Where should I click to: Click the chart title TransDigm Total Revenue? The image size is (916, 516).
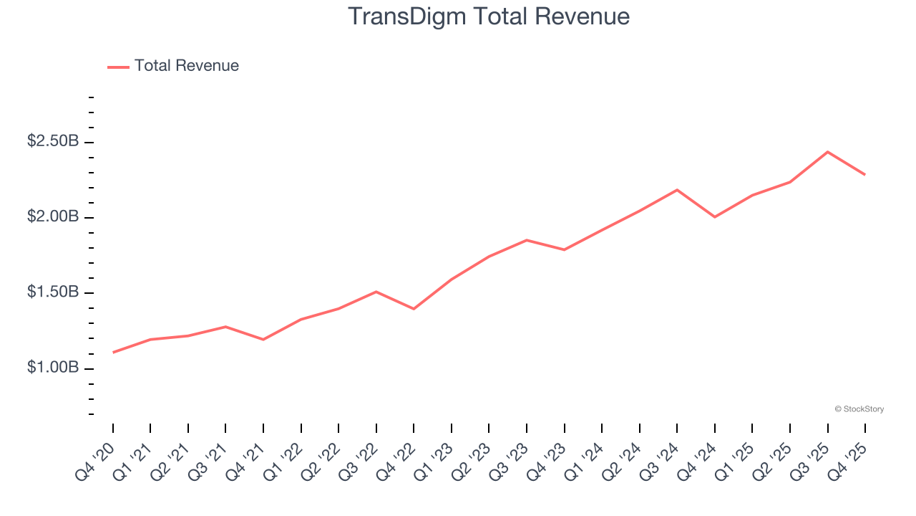pos(489,16)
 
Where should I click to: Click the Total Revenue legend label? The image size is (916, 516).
pos(186,66)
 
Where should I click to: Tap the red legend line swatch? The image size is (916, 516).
pos(118,67)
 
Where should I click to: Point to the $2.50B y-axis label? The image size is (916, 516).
pos(53,142)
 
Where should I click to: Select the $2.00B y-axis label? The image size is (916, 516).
pos(53,217)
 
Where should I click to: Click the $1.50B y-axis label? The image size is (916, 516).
pos(53,292)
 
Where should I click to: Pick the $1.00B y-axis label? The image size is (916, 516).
pos(53,368)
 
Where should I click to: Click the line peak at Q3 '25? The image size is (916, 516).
pos(827,152)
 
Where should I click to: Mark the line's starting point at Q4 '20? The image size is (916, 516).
pos(113,353)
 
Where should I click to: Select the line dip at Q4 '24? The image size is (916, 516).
pos(715,217)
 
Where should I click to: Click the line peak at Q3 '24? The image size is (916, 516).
pos(677,190)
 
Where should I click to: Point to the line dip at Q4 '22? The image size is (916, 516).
pos(414,309)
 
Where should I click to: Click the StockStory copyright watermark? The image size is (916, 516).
pos(859,409)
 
